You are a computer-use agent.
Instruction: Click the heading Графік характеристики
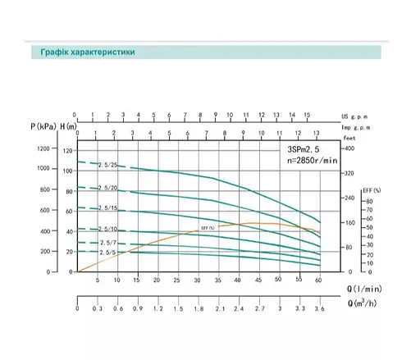pyautogui.click(x=83, y=53)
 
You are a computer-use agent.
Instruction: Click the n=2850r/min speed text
pyautogui.click(x=312, y=162)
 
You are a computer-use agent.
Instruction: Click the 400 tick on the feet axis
pyautogui.click(x=349, y=148)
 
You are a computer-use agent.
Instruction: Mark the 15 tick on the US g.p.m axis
pyautogui.click(x=306, y=116)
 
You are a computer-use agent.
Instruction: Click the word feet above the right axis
pyautogui.click(x=349, y=139)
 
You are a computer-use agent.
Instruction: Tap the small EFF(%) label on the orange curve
pyautogui.click(x=207, y=227)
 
